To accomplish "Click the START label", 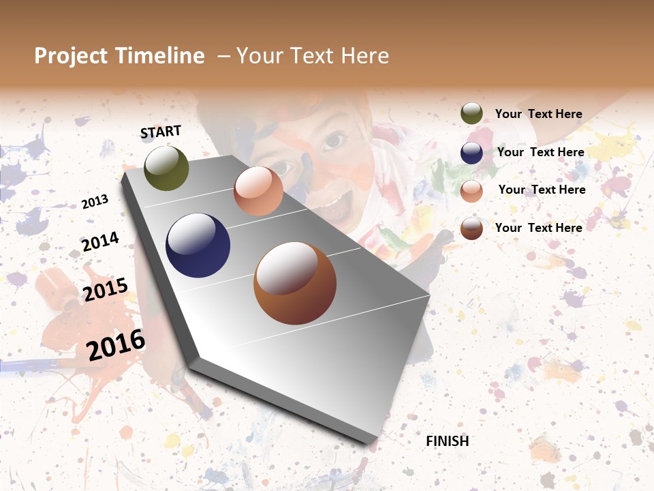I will (161, 132).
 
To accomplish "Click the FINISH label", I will (447, 441).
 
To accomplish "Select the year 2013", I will (95, 202).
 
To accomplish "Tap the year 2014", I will (100, 241).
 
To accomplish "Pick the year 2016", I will (116, 344).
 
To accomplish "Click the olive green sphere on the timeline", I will (166, 168).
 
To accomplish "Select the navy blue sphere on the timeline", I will (198, 245).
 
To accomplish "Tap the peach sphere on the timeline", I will (258, 191).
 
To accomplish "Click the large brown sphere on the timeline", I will (295, 283).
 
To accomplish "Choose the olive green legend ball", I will (471, 114).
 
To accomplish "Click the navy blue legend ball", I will (471, 153).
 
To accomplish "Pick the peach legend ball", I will (471, 190).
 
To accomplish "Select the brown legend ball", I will (471, 228).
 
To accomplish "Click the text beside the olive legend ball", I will (538, 114).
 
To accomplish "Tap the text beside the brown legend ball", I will (538, 228).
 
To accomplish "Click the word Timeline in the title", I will (160, 56).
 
